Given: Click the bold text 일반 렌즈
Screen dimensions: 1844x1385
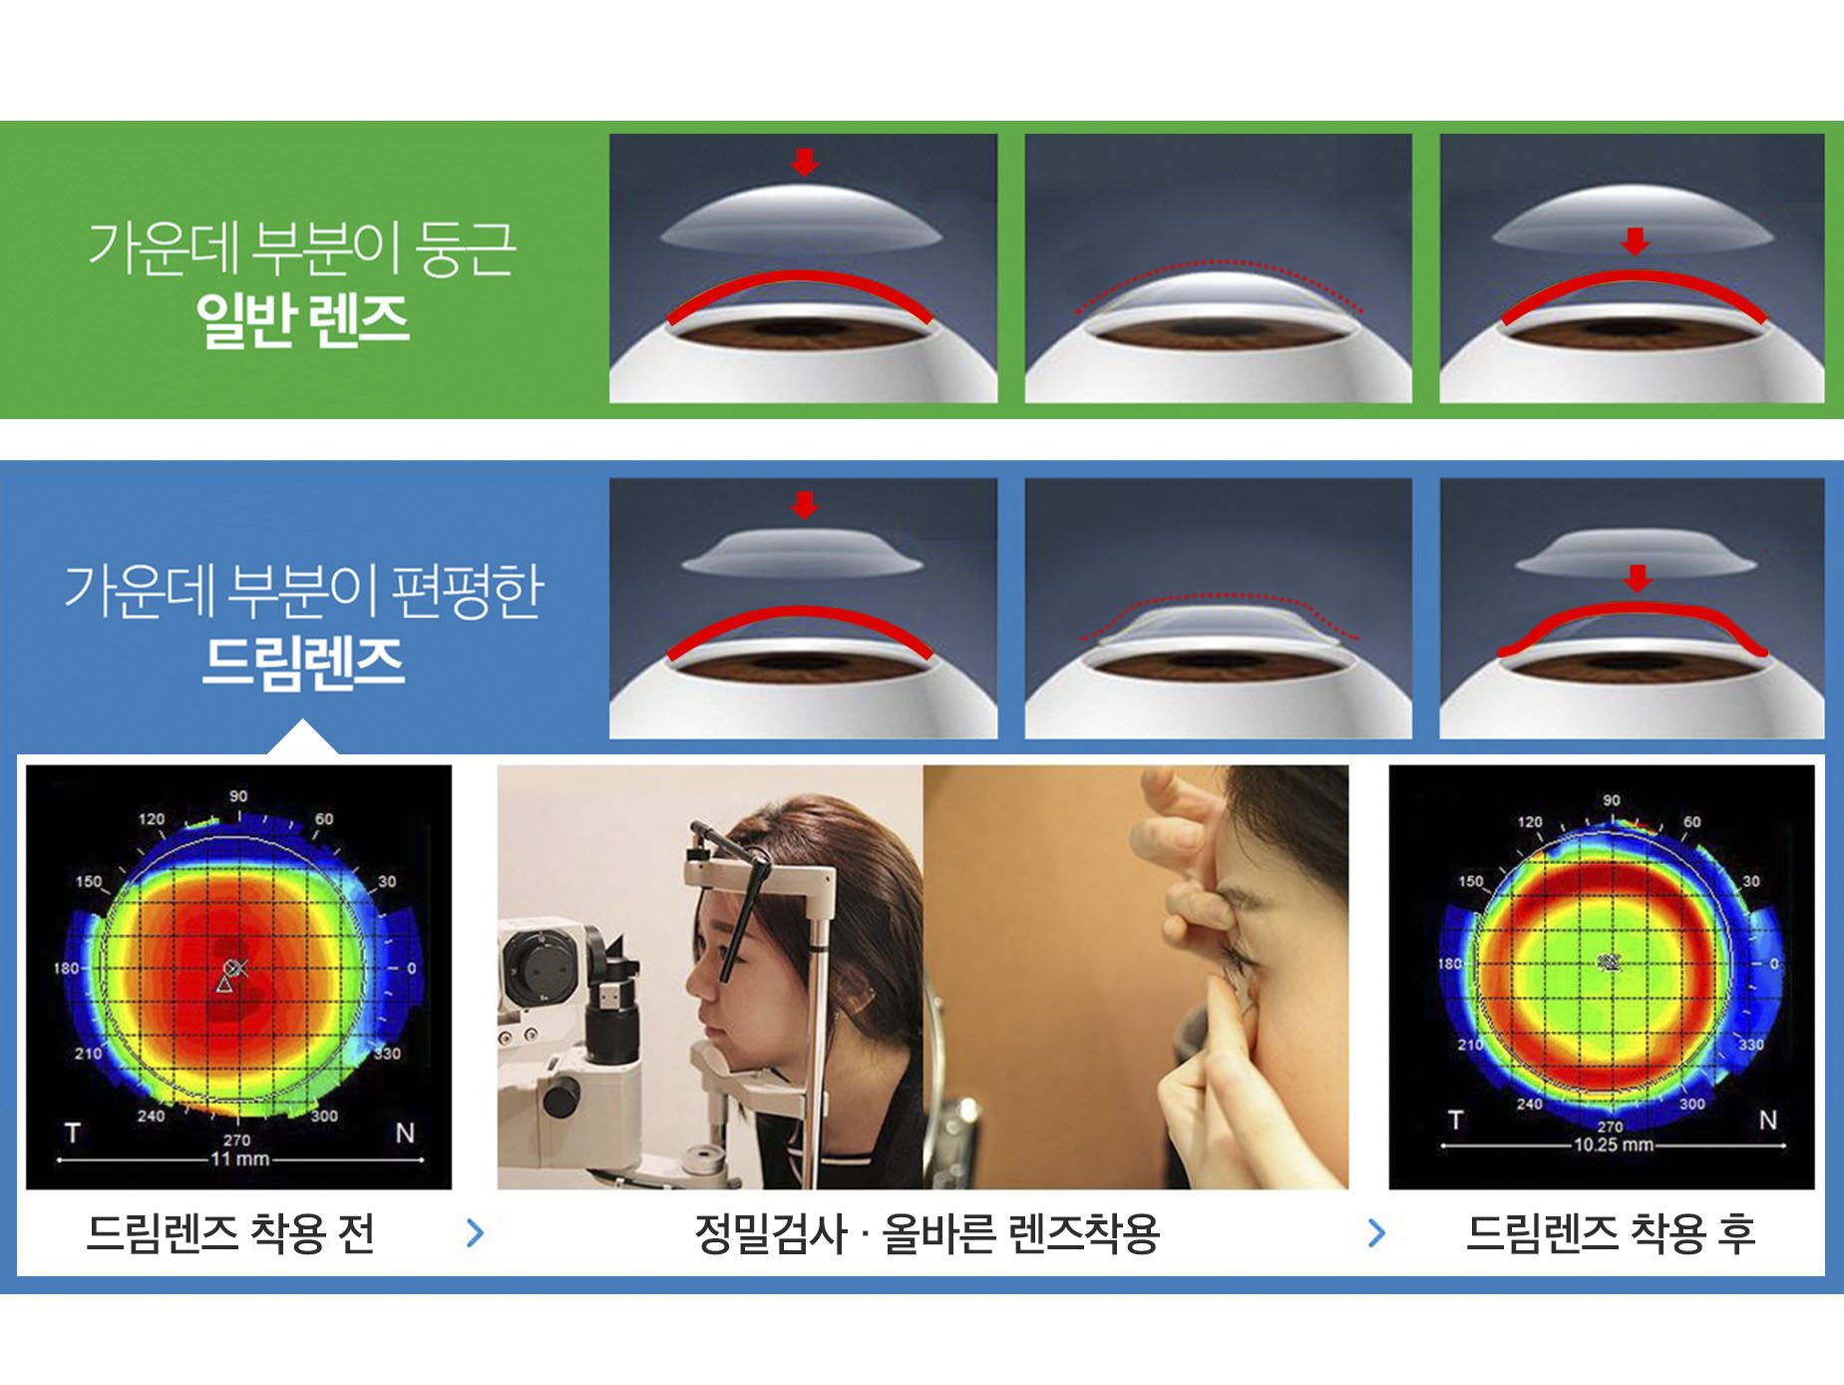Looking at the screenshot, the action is click(x=303, y=319).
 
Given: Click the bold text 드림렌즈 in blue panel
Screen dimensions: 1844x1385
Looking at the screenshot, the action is click(x=303, y=663).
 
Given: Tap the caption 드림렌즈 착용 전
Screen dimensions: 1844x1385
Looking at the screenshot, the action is click(x=230, y=1233).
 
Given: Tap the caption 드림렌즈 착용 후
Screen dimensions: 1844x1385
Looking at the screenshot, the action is click(x=1611, y=1233).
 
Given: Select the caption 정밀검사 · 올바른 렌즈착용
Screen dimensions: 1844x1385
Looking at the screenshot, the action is click(x=926, y=1233).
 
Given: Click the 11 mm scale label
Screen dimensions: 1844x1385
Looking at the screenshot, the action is click(x=239, y=1159).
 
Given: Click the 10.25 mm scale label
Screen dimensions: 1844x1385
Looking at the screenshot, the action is click(x=1613, y=1145).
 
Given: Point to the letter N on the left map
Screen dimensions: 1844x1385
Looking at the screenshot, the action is click(x=405, y=1134).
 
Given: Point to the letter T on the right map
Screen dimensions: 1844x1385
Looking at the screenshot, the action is click(x=1456, y=1120).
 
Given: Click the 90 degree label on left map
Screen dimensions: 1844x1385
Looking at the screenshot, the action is click(x=238, y=796).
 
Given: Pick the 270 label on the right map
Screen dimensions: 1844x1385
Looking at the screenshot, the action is click(x=1611, y=1127).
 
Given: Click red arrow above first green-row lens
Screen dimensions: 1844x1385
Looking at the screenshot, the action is click(x=804, y=162).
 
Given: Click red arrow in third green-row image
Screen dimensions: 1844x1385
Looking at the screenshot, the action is click(x=1636, y=241).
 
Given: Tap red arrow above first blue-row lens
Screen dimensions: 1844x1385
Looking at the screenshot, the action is click(x=804, y=505).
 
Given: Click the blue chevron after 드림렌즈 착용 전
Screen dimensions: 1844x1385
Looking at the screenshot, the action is click(x=475, y=1233).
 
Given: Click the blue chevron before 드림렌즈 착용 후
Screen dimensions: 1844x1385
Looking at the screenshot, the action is click(x=1377, y=1233).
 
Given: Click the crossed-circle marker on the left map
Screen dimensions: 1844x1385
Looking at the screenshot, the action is click(x=234, y=968).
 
